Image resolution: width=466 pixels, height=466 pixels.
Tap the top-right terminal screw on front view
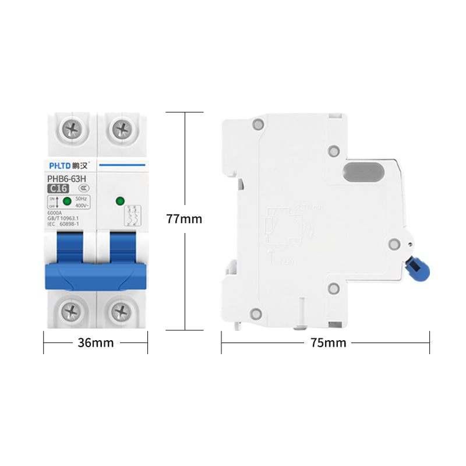click(x=121, y=128)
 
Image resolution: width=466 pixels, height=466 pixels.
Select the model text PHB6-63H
click(x=66, y=179)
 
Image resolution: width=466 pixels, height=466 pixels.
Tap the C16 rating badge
click(x=58, y=188)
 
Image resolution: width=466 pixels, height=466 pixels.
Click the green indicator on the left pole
click(x=67, y=202)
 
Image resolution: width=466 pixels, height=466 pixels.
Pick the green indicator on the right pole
click(x=120, y=202)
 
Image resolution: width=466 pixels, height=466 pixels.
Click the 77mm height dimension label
click(x=184, y=219)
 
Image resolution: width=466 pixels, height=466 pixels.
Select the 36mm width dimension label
click(x=96, y=343)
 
